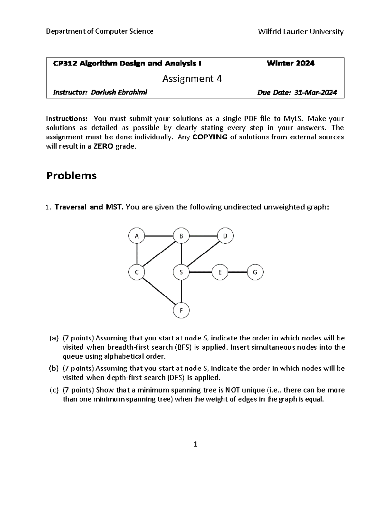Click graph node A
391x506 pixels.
pos(137,236)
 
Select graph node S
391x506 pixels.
pos(181,272)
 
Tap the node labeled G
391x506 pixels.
pos(255,272)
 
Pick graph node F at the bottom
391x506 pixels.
pos(181,311)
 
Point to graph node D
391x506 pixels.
pos(225,236)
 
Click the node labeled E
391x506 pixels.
pos(220,272)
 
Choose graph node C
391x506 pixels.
pos(137,272)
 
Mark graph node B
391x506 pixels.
pos(181,236)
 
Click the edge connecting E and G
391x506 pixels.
pos(238,272)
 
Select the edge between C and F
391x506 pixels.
pos(159,292)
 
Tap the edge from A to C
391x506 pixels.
pos(137,254)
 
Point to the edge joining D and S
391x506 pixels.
pos(203,254)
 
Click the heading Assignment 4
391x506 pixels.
pos(192,79)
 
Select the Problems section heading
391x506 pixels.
pos(71,176)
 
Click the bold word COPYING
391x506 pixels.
pos(210,137)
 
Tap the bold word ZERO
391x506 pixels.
pos(102,147)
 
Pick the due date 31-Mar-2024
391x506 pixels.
pos(315,93)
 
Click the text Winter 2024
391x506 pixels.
pos(290,64)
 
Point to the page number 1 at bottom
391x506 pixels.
pos(195,444)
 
